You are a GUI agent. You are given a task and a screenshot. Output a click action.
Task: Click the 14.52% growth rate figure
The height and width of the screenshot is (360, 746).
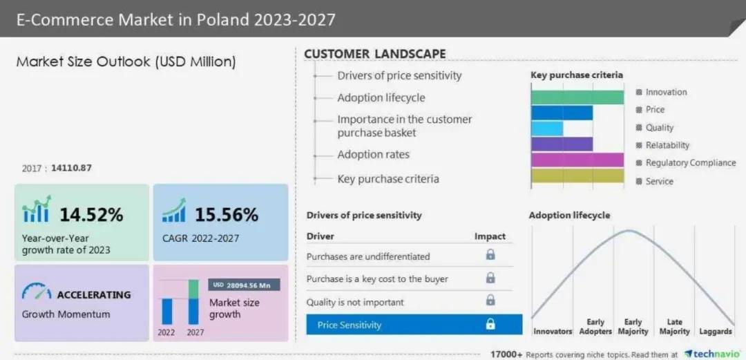pos(91,214)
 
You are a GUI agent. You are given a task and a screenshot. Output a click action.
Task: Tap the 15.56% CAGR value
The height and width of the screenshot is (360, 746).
pos(226,214)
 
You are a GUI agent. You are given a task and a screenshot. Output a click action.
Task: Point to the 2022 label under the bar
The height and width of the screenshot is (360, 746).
pos(166,332)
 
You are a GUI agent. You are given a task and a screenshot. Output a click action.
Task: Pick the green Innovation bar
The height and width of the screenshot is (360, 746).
pos(577,97)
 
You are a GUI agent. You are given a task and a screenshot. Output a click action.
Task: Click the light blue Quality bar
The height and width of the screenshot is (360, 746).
pos(547,129)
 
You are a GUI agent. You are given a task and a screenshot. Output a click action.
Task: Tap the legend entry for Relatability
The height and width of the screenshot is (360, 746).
pos(667,145)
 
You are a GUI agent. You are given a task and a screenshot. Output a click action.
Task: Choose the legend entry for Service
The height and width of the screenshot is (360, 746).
pos(659,181)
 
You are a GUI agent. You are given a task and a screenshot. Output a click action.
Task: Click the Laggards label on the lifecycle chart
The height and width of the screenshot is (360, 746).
pos(715,332)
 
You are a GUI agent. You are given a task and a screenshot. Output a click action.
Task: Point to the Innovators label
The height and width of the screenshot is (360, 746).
pos(553,332)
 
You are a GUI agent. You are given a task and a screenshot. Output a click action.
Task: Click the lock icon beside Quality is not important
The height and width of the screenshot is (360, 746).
pos(490,301)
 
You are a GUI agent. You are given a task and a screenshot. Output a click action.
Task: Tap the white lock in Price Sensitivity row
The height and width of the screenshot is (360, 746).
pos(490,324)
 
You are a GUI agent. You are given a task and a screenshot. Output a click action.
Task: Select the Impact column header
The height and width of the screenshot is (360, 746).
pos(490,236)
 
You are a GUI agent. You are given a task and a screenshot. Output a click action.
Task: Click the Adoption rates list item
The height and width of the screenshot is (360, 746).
pos(373,154)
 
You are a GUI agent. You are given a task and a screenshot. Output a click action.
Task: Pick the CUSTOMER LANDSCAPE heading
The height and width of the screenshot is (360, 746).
pos(375,54)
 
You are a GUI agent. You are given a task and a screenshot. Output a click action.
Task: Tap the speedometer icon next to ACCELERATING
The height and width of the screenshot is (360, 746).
pos(36,293)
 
